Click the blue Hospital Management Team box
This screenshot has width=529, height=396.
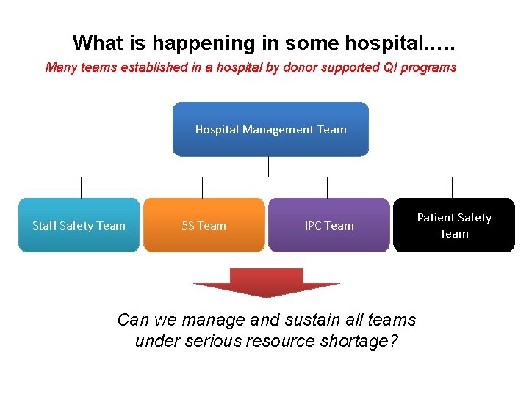tap(270, 129)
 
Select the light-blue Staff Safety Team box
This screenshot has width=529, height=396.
tap(79, 225)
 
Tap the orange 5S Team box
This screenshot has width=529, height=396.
tap(204, 225)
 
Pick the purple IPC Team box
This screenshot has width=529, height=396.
tap(329, 225)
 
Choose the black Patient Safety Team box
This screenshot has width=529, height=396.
tap(454, 225)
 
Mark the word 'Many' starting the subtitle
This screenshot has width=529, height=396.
tap(60, 67)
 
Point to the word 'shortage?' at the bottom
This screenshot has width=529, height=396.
tap(360, 341)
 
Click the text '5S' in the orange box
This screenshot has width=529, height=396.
tap(187, 225)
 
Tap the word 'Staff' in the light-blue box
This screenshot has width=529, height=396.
tap(45, 225)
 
